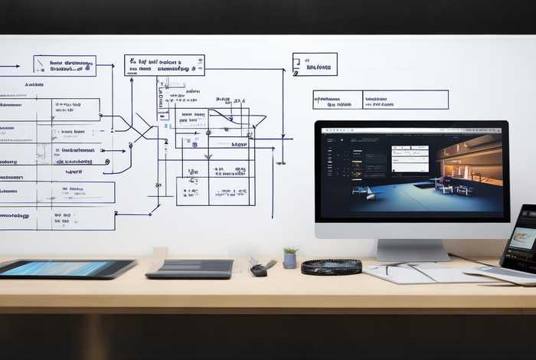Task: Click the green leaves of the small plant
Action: tap(290, 250)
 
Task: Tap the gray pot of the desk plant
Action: tap(289, 261)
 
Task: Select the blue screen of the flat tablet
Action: tap(65, 267)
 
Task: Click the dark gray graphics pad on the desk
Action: tap(190, 268)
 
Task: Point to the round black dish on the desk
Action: tap(331, 267)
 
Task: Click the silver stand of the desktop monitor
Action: tap(412, 250)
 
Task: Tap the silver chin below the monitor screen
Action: tap(412, 230)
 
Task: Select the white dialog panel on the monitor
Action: tap(410, 159)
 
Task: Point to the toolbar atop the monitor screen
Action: tap(411, 131)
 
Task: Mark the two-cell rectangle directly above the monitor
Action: tap(381, 100)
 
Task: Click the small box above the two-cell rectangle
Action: tap(315, 64)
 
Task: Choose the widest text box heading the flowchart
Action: tap(165, 65)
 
